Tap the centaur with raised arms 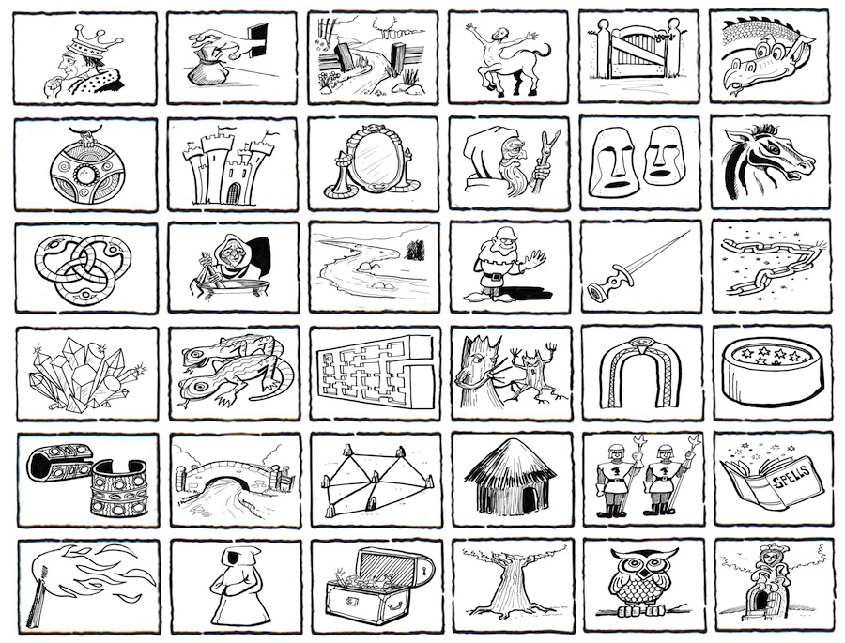[508, 59]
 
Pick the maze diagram [377, 372]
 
